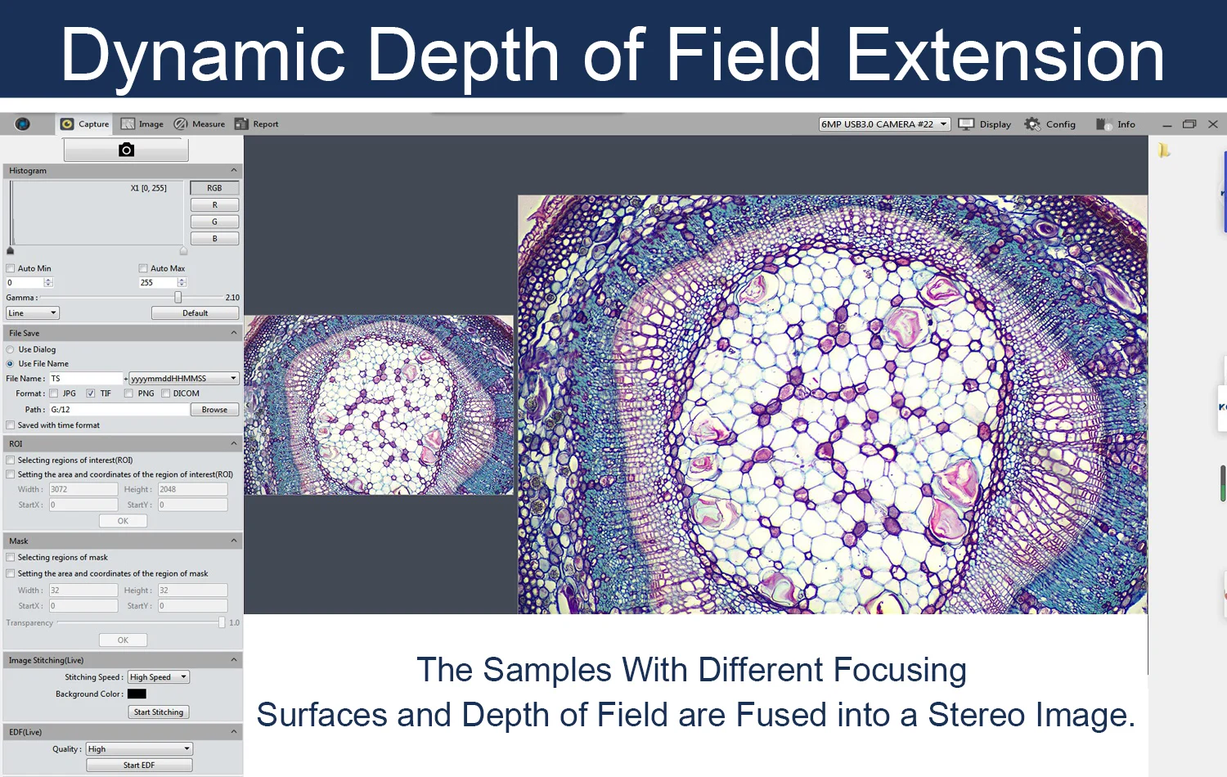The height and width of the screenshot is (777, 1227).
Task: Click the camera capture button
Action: point(126,150)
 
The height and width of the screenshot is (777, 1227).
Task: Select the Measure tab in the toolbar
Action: point(200,124)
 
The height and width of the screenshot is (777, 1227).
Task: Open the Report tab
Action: point(256,124)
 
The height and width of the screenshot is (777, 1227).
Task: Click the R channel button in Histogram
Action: point(214,204)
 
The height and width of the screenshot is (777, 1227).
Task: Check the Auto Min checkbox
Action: point(11,268)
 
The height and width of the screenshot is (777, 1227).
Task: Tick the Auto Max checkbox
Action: point(143,268)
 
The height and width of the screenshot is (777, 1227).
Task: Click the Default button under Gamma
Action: point(195,313)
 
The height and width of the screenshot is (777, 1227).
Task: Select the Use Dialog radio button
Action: point(11,349)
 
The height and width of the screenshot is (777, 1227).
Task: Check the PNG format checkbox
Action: point(128,393)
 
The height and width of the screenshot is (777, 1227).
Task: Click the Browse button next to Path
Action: point(214,410)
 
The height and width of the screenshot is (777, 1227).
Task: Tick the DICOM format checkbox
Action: point(165,393)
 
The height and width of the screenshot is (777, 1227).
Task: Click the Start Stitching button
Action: point(159,712)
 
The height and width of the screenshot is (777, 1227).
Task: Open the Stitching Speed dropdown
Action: point(159,677)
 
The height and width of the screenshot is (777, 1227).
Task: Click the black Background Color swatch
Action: point(137,694)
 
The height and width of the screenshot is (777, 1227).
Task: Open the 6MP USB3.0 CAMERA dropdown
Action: point(884,124)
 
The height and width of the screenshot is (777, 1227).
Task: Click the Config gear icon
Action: point(1032,124)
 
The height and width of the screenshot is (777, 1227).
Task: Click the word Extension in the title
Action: point(1005,56)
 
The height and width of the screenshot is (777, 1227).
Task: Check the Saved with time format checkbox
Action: point(11,425)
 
